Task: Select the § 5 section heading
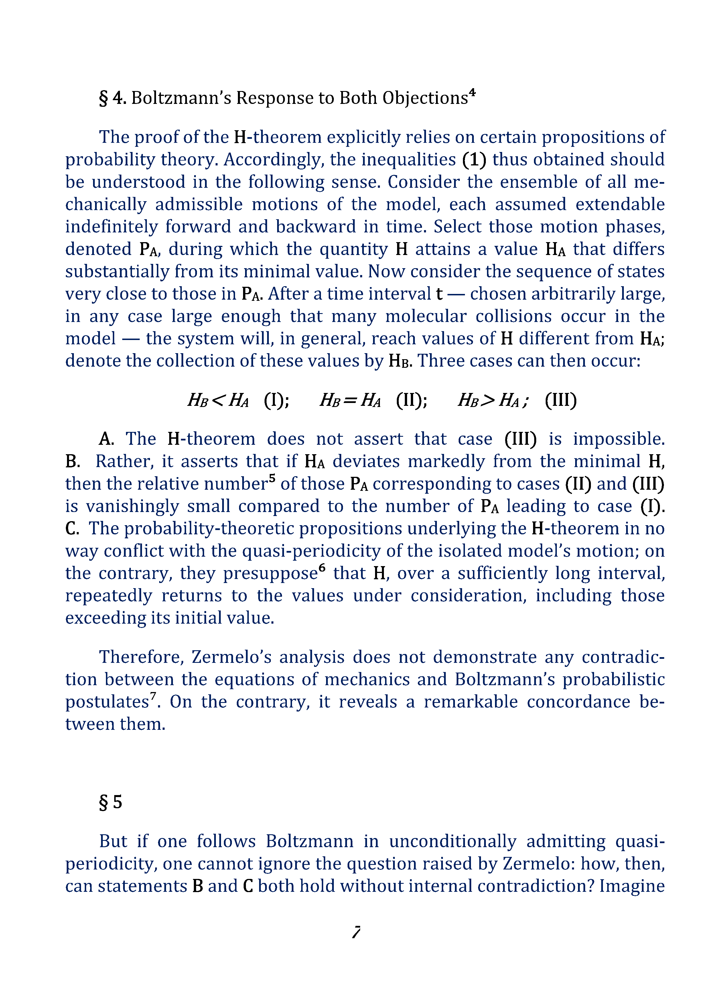click(111, 802)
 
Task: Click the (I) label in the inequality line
click(276, 400)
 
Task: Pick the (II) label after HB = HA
click(411, 400)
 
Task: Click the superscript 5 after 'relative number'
click(272, 478)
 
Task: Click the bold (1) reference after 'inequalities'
click(474, 160)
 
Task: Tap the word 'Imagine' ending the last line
click(632, 886)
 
